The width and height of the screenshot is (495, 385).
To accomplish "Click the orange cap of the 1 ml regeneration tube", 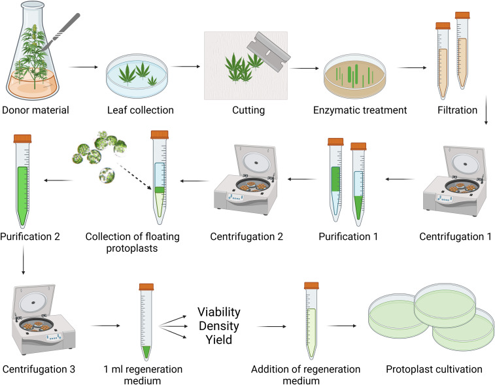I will coord(146,268).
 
